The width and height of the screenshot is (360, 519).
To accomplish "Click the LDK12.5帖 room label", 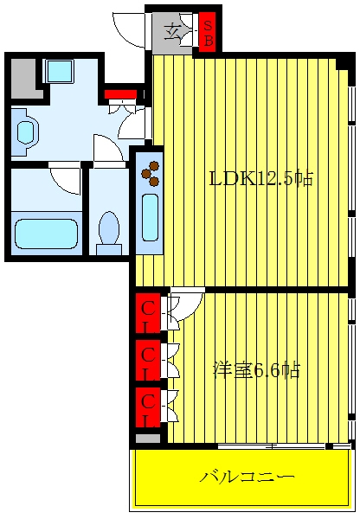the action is pos(261,179).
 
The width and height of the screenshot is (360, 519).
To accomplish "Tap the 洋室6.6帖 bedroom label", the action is pos(256,370).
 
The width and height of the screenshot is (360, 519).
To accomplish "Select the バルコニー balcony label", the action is pos(247,477).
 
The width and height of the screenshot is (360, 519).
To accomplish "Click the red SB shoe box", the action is pos(208,32).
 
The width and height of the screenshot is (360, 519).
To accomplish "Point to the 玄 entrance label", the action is pos(172,31).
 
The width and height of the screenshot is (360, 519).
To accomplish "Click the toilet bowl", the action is pos(109,227).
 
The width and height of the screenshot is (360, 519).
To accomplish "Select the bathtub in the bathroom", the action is pos(47,234).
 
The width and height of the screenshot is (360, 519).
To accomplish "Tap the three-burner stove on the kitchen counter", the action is pos(151,173).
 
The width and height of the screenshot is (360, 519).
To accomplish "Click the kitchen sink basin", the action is pos(150,217).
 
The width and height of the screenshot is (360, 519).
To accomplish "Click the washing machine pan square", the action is pos(60,71).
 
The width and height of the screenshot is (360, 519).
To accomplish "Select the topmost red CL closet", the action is pos(148,313).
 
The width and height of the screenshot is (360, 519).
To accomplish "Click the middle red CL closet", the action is pos(148,360).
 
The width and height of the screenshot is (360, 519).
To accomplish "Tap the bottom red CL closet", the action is pos(148,407).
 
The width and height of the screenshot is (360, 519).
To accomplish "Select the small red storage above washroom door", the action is pos(120,94).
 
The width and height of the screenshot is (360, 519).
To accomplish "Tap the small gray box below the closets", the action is pos(148,439).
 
